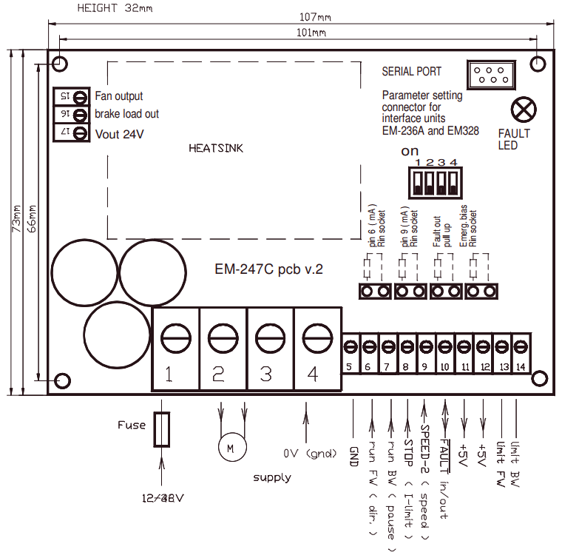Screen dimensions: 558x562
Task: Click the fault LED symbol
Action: (x=524, y=110)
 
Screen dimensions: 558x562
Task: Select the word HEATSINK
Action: (x=216, y=148)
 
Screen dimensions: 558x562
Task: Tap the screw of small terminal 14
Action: (x=521, y=345)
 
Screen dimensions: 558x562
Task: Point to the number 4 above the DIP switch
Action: (x=453, y=162)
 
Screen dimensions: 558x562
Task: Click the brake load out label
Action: (x=126, y=114)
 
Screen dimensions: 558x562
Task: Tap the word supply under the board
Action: (x=271, y=477)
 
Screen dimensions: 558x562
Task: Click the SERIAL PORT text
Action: (x=411, y=72)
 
